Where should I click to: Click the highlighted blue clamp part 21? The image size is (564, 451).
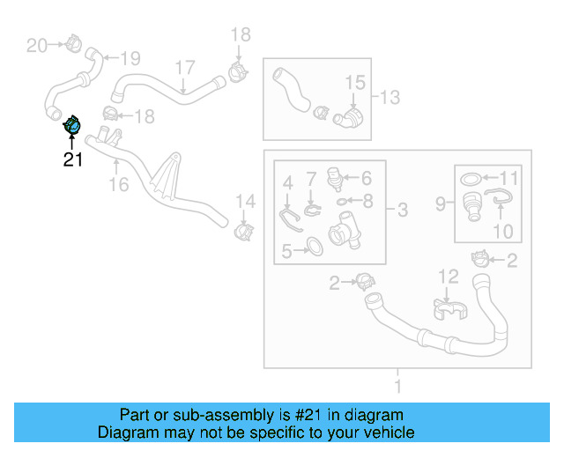(73, 127)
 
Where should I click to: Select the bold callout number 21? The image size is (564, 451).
(72, 160)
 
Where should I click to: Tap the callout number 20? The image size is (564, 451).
(36, 45)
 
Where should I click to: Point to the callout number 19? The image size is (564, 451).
(130, 59)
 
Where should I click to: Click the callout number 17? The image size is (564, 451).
(184, 68)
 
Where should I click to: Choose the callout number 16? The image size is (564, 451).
(118, 184)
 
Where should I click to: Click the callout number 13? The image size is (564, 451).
(390, 96)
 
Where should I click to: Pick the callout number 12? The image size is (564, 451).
(449, 277)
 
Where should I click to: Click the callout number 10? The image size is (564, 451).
(502, 232)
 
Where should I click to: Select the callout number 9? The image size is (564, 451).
(441, 204)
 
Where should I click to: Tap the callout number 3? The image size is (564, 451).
(402, 210)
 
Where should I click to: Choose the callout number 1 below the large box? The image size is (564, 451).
(397, 385)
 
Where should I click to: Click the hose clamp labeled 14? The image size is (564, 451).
(244, 232)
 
